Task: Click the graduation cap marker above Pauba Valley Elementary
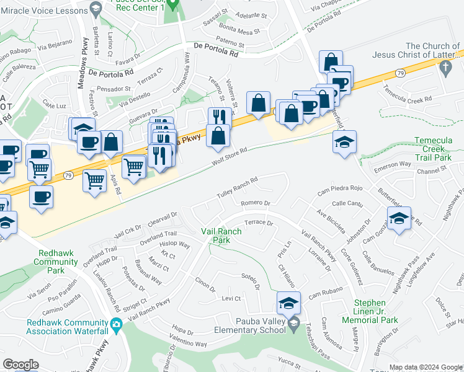click(288, 303)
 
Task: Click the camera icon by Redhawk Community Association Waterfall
click(115, 324)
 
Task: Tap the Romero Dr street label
click(255, 203)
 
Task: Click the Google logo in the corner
click(21, 365)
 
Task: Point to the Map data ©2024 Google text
click(425, 367)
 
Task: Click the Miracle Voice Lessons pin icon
click(95, 7)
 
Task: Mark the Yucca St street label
click(289, 360)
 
